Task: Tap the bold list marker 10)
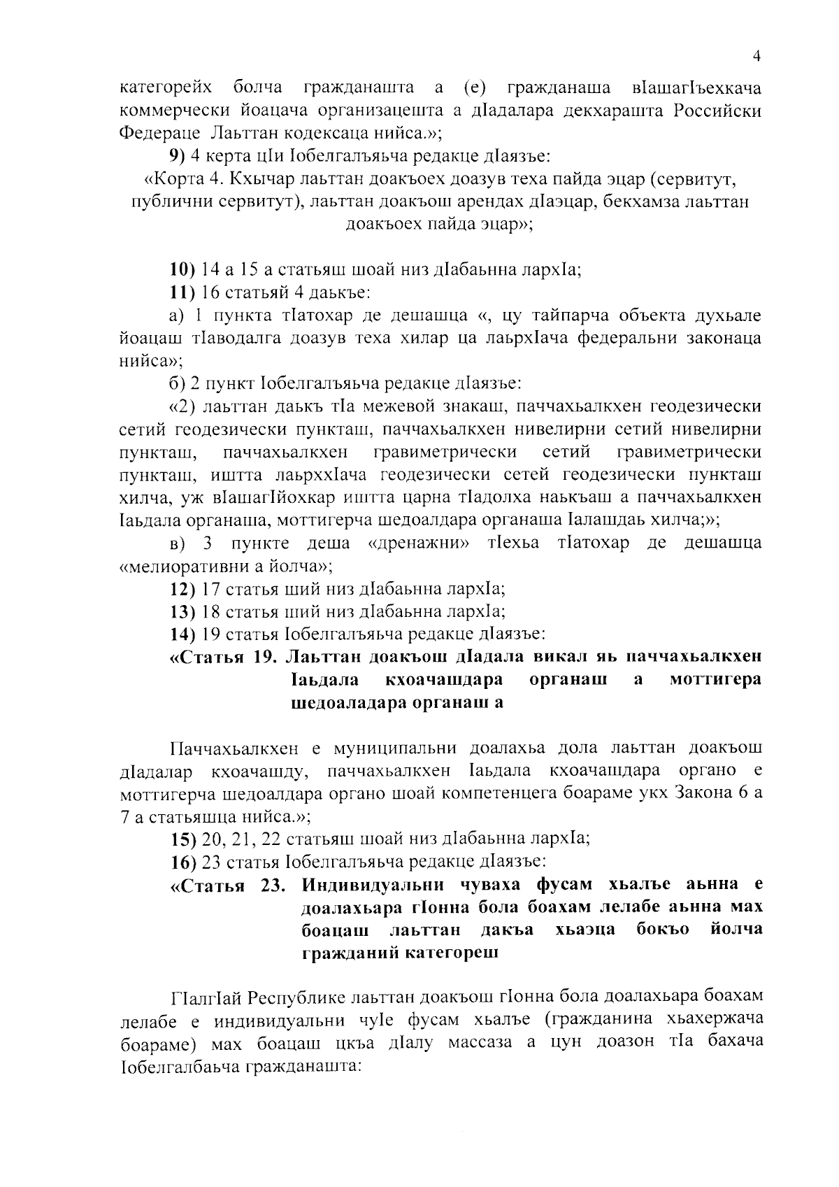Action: [184, 269]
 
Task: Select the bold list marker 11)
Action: [184, 292]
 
